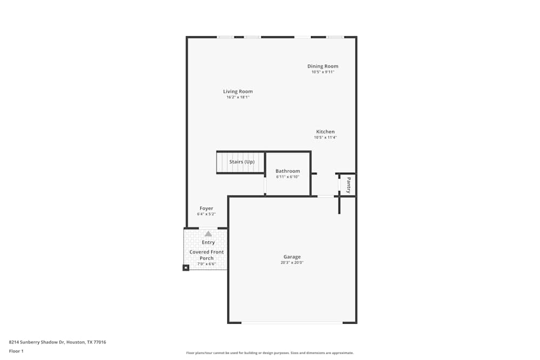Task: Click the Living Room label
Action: click(x=238, y=91)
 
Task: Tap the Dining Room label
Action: click(x=323, y=66)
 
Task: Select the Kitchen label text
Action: click(x=325, y=132)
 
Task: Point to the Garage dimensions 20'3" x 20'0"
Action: click(x=292, y=263)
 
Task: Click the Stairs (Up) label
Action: click(x=241, y=162)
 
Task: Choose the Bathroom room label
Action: click(x=287, y=171)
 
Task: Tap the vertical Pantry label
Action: click(x=349, y=185)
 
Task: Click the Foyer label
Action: click(x=206, y=208)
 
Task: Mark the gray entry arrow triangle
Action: click(x=208, y=234)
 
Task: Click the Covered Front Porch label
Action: click(x=206, y=255)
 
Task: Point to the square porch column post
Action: click(x=186, y=267)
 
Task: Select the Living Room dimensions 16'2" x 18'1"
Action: click(x=238, y=97)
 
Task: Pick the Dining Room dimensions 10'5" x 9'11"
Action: click(x=323, y=72)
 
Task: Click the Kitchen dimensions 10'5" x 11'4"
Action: click(x=325, y=138)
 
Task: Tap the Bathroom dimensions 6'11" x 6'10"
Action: click(x=287, y=176)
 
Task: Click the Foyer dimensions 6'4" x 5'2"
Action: click(x=206, y=214)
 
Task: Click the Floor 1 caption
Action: click(x=16, y=351)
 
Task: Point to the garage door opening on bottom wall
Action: click(x=292, y=323)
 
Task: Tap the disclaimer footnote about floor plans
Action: click(x=270, y=353)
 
